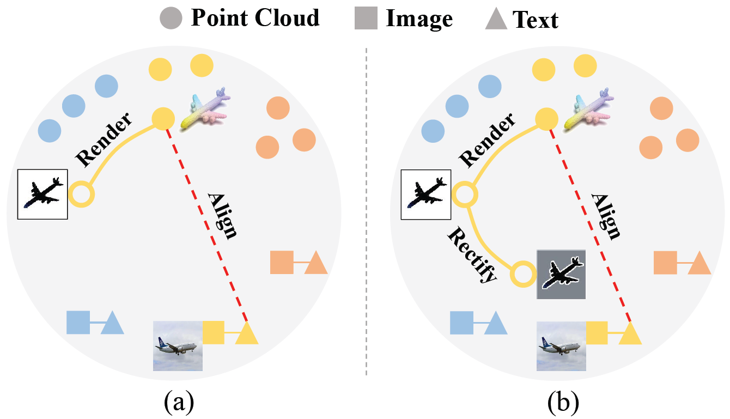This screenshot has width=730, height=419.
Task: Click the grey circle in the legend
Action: [171, 19]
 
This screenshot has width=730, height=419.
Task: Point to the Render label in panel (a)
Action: [104, 140]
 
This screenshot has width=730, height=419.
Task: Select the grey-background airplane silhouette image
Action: [561, 275]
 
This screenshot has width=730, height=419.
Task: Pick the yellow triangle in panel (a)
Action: [247, 333]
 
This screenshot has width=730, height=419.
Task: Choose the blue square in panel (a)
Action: [78, 322]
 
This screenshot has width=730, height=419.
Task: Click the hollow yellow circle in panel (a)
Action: [82, 195]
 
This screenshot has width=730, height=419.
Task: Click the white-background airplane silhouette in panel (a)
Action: [42, 194]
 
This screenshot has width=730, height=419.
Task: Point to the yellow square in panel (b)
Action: [597, 333]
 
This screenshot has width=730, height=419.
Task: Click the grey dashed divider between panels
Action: [366, 212]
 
